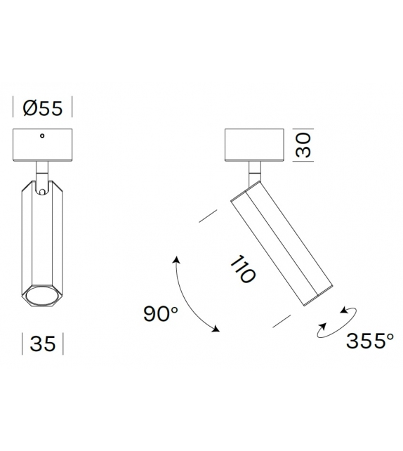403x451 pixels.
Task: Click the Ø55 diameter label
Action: click(43, 108)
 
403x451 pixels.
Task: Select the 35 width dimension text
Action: click(43, 344)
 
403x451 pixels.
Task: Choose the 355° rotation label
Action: click(370, 341)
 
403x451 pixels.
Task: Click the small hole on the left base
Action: click(43, 136)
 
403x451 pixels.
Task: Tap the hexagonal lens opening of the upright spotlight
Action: click(43, 298)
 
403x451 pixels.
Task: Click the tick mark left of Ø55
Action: click(14, 108)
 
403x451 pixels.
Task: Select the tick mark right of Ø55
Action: click(72, 108)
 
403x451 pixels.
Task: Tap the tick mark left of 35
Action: click(23, 344)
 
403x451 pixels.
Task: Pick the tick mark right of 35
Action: click(63, 344)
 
